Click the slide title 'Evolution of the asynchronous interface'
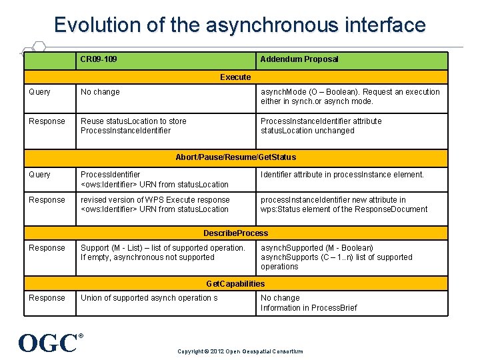[240, 25]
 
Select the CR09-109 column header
[99, 59]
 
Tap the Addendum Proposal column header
[299, 59]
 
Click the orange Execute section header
[235, 77]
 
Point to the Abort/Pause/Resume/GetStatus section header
[235, 157]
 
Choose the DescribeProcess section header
[235, 233]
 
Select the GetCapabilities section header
[235, 284]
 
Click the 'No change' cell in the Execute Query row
[100, 92]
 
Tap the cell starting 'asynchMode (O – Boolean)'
[350, 97]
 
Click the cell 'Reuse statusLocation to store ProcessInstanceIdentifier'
[133, 126]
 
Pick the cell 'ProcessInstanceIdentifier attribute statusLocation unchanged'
[321, 126]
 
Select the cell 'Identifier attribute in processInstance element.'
[342, 175]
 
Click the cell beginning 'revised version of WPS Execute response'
[155, 205]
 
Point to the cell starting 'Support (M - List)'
[163, 253]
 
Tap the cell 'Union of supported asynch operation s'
[149, 298]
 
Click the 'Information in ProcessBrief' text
[309, 308]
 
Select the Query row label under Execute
[40, 92]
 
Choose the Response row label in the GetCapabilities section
[47, 298]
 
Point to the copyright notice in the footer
[240, 351]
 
